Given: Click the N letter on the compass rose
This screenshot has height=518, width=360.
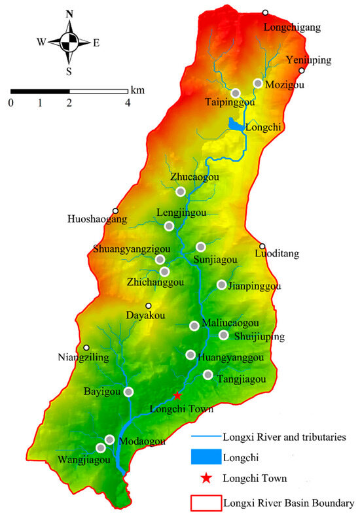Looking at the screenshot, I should pos(70,14).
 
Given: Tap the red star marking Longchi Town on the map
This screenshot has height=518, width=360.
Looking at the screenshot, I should pos(177,396).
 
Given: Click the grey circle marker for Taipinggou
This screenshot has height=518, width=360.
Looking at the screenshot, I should pos(236,93).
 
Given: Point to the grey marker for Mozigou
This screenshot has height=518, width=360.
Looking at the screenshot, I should pos(258,84).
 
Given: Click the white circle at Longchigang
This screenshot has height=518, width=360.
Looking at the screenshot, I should pos(266,12).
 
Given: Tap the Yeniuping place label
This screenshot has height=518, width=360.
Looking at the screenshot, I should pos(309,60).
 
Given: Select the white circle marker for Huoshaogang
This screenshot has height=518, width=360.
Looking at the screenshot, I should pos(115,211).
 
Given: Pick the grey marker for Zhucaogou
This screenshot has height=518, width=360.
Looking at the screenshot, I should pos(181,191).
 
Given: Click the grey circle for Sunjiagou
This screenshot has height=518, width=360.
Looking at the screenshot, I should pos(201,247).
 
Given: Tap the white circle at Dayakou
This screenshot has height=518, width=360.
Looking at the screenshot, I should pos(149,305).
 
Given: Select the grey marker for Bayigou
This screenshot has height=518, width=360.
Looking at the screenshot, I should pos(129,392).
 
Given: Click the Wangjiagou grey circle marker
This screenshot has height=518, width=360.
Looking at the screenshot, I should pos(101,448).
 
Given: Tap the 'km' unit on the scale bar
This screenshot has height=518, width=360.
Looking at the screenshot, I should pos(137,88).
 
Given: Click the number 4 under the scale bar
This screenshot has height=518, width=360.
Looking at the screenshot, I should pos(128,103).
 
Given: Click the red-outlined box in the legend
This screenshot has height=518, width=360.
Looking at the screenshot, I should pos(204,503).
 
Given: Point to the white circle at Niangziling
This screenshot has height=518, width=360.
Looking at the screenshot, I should pos(86,348).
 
